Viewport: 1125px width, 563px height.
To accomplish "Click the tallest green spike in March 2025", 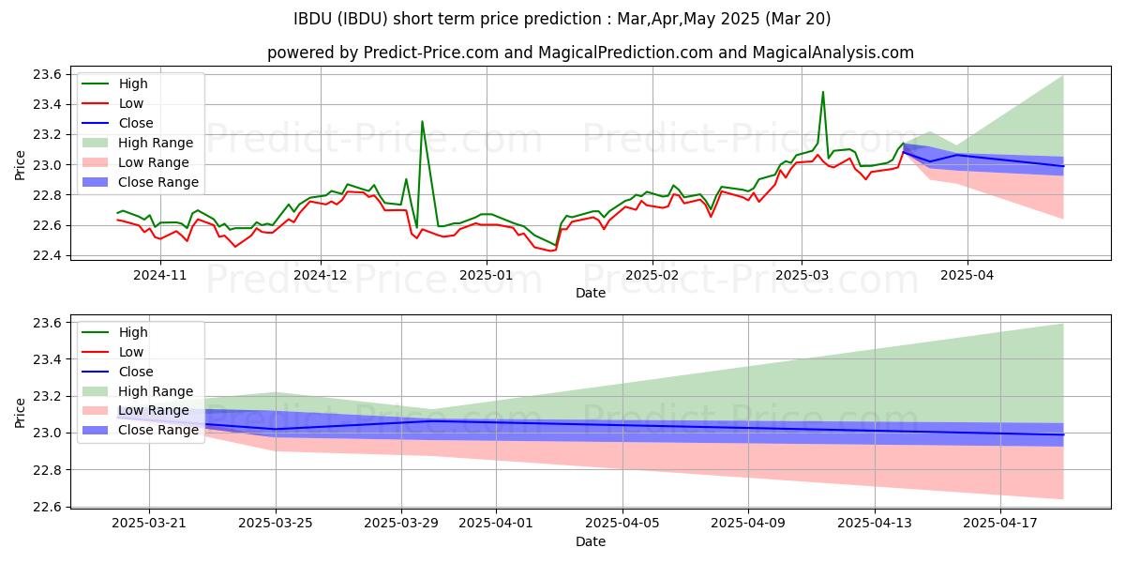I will point(823,92).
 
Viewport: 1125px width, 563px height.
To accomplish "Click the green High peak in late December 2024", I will point(422,122).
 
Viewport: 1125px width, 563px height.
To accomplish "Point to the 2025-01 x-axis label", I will point(487,275).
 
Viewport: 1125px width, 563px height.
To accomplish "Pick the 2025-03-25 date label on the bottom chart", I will point(276,524).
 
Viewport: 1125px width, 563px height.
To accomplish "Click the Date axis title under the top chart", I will point(591,293).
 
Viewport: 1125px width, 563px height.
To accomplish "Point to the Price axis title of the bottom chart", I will point(21,412).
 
